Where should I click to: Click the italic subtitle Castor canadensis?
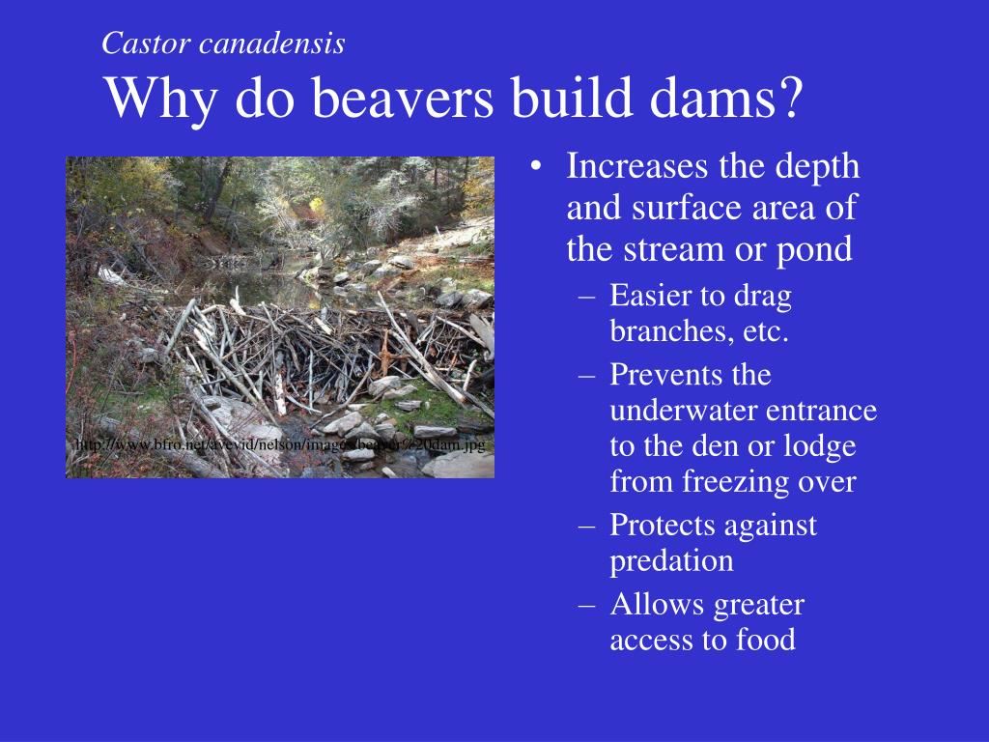[x=223, y=43]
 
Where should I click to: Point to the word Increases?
[x=637, y=166]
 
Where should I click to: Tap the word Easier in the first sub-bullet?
[x=651, y=297]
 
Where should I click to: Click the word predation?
[x=671, y=560]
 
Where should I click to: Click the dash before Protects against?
[x=588, y=525]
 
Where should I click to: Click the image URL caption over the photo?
[x=280, y=444]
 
